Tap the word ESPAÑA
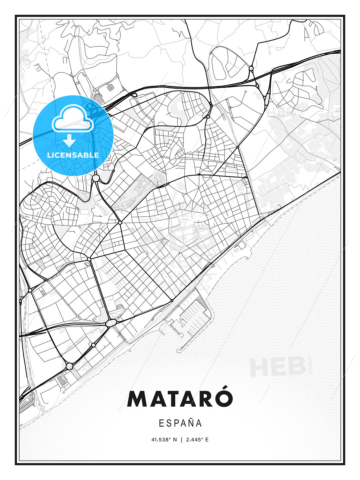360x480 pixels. click(180, 423)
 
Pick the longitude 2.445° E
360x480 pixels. click(197, 440)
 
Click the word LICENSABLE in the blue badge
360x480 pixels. click(73, 155)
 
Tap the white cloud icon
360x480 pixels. click(72, 118)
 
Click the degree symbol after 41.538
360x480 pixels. click(171, 438)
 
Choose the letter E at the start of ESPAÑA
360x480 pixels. click(161, 423)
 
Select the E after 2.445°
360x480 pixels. click(207, 440)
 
